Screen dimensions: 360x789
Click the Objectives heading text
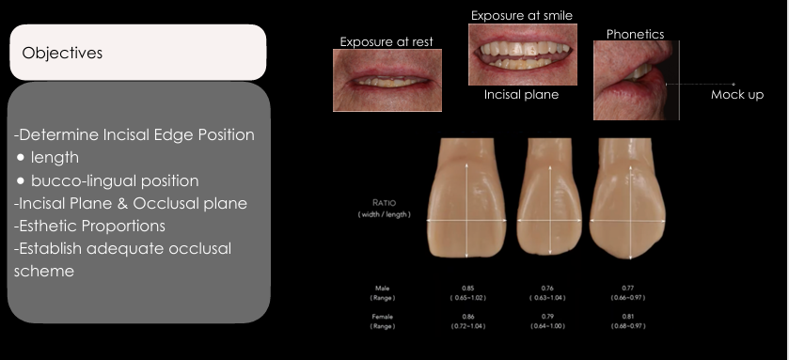coord(62,53)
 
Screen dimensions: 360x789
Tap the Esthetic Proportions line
coord(90,225)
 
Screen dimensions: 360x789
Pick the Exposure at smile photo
coord(521,55)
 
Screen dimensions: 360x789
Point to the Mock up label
coord(736,95)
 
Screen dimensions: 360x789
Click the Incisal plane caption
coord(521,95)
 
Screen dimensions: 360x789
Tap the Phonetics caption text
coord(635,34)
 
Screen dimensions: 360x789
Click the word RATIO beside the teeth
coord(384,201)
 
